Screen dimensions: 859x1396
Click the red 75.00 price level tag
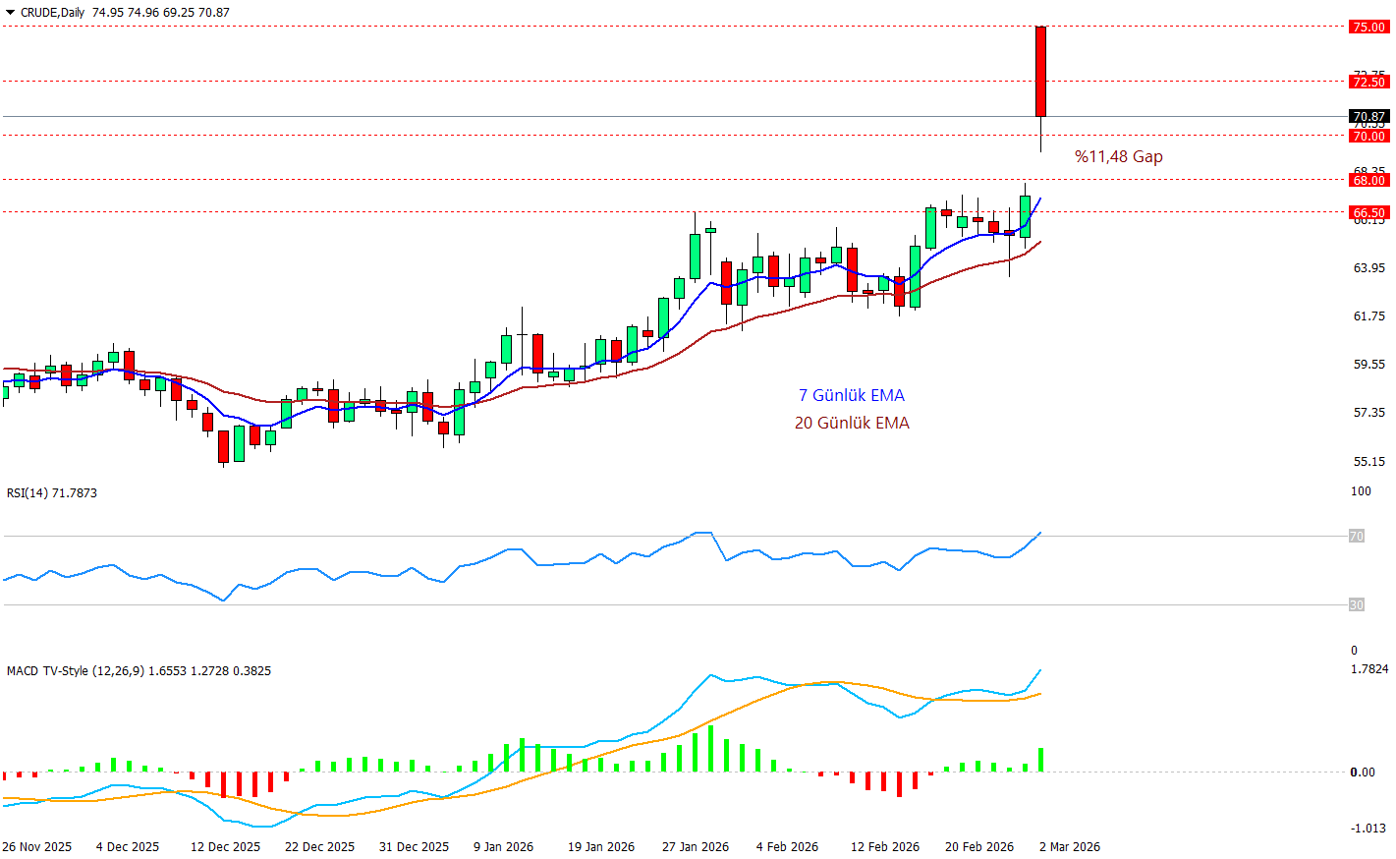click(x=1368, y=27)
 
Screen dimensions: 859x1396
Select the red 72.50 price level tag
click(x=1368, y=82)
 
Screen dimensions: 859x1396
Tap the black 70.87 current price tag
click(x=1368, y=116)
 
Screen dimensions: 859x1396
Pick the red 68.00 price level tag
click(x=1368, y=180)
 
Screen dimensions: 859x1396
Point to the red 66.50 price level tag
click(x=1368, y=212)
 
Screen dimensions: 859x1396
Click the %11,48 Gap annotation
click(x=1118, y=156)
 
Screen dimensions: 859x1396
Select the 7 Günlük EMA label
click(x=851, y=395)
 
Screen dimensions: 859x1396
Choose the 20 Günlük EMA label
click(x=852, y=423)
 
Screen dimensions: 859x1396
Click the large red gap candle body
click(x=1040, y=71)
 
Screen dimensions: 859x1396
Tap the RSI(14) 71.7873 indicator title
click(x=52, y=492)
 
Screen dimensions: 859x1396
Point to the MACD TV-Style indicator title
click(x=139, y=670)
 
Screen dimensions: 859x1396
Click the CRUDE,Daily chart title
click(x=125, y=12)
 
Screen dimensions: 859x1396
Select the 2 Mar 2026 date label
click(x=1070, y=846)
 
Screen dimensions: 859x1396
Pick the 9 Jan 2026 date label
click(x=503, y=846)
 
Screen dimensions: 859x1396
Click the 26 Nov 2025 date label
click(x=37, y=846)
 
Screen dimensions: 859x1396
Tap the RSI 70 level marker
click(x=1356, y=536)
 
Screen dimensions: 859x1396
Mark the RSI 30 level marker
click(x=1356, y=604)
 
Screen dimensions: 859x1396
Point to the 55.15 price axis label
click(x=1368, y=461)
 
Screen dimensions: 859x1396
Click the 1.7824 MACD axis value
click(x=1369, y=668)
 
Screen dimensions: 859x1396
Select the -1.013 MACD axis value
click(x=1368, y=828)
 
